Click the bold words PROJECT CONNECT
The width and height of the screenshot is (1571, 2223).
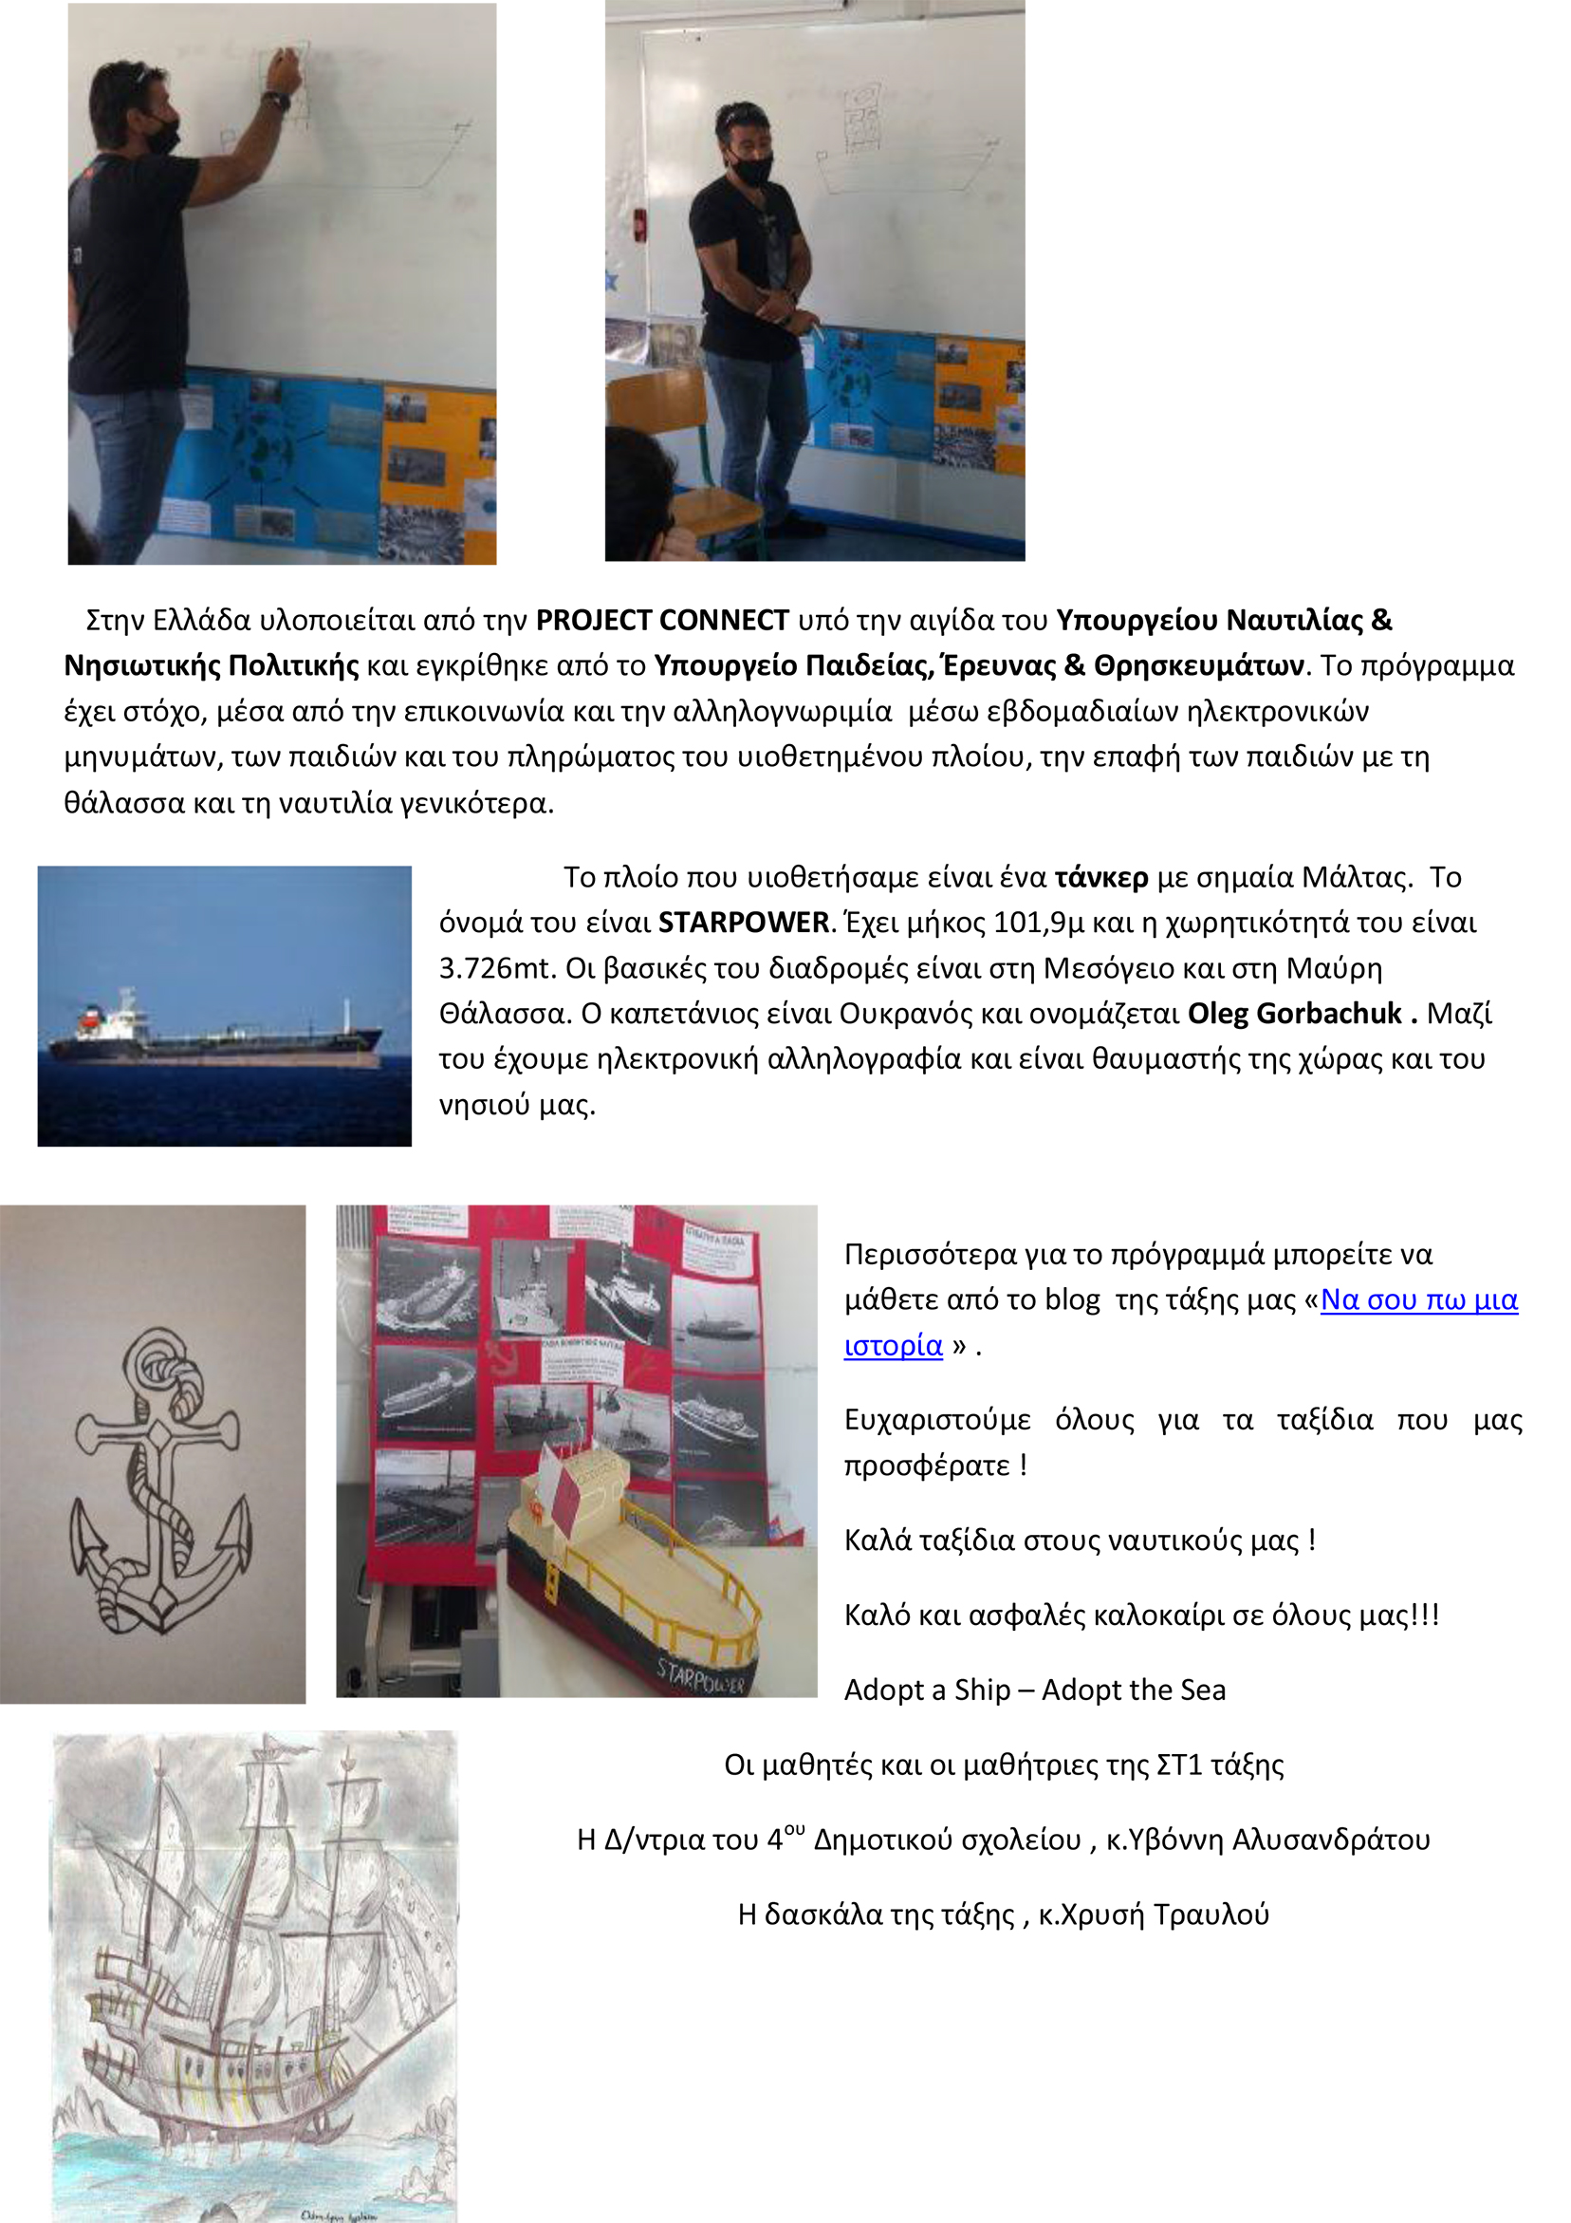[x=662, y=621]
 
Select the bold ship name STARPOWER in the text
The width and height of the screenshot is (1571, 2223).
[x=744, y=923]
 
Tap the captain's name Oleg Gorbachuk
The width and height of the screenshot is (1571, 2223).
[x=1294, y=1014]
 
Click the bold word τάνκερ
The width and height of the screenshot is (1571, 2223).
[x=1100, y=877]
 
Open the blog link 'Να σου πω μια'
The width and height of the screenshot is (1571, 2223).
[x=1418, y=1299]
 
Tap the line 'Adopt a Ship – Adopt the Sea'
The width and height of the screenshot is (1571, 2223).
[x=1034, y=1690]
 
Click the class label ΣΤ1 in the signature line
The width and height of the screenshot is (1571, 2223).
[x=1178, y=1765]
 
